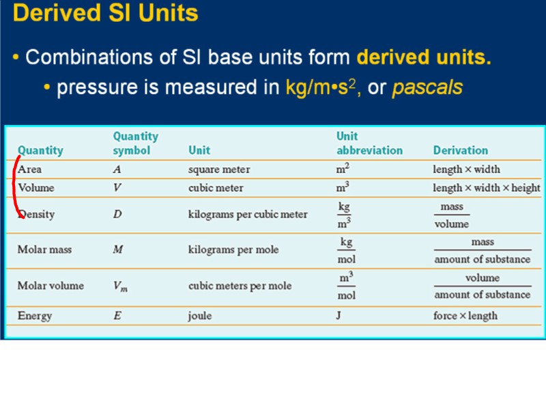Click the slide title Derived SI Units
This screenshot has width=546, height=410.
click(105, 14)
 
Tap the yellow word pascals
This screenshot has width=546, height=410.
click(427, 88)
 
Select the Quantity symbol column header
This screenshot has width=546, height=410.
click(135, 143)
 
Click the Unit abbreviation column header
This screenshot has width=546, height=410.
click(369, 143)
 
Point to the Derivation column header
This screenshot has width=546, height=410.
click(460, 150)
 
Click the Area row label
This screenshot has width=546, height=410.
click(30, 169)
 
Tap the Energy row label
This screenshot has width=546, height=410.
click(35, 316)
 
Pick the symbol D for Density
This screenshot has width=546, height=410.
click(117, 215)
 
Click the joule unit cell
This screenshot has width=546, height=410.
click(200, 316)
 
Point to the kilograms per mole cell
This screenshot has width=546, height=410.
click(233, 250)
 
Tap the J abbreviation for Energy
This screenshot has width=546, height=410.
click(339, 316)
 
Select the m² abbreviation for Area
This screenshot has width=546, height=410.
click(343, 169)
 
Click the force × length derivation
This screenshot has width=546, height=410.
click(465, 316)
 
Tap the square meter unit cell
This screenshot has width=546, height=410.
click(219, 169)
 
